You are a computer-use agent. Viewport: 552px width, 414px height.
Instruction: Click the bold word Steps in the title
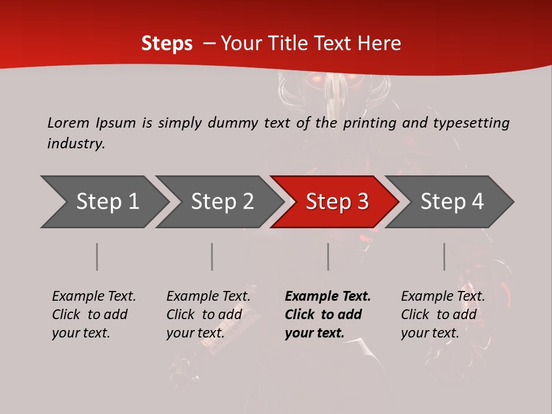pos(167,44)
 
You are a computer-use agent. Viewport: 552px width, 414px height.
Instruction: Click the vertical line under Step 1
pos(97,256)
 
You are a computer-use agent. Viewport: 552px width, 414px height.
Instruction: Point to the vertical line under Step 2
pos(212,256)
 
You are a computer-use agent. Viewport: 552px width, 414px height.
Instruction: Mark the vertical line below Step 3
pos(328,256)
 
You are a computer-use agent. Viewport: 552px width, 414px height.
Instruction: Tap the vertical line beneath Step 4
pos(444,256)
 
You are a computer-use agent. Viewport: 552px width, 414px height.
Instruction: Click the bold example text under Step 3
pos(328,315)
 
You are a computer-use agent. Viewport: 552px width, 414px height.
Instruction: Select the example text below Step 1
pos(94,315)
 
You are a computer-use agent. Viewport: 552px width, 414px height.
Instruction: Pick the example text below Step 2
pos(208,315)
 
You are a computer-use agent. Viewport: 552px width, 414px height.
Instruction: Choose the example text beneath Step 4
pos(443,315)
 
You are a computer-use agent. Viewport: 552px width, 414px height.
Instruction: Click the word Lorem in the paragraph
pos(68,122)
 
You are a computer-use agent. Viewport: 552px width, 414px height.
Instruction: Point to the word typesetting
pos(471,123)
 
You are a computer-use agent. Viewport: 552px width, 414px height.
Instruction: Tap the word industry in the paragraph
pos(76,144)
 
